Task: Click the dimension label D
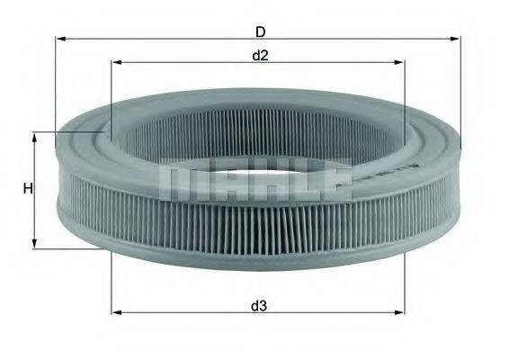point(260,31)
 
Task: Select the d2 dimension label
point(260,56)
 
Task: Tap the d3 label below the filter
point(259,306)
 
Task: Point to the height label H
point(28,189)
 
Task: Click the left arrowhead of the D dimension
point(60,39)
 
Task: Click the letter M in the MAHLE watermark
point(179,181)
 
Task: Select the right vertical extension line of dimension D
point(460,90)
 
